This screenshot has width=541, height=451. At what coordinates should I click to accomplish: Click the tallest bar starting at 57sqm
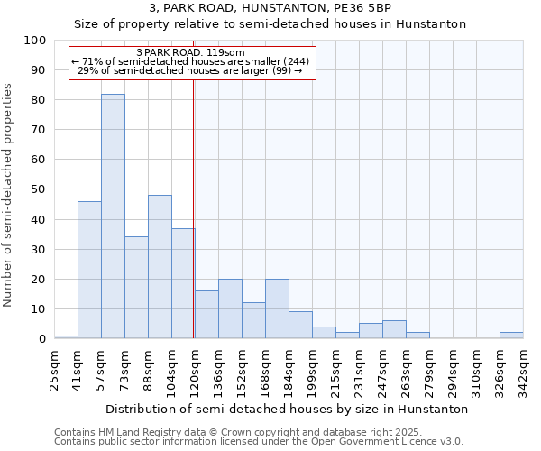coord(113,216)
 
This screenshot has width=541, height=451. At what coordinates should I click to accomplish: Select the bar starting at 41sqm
coord(89,270)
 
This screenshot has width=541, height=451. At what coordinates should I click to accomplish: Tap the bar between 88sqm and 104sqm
coord(160,267)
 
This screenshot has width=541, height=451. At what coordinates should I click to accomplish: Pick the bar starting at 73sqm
coord(136,288)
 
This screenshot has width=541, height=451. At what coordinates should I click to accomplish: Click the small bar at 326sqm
coord(511,336)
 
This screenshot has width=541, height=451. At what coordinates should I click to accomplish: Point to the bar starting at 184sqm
coord(300,325)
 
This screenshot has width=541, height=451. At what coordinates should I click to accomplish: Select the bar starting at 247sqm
coord(394,329)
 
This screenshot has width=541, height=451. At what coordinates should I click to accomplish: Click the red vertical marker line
coord(194,225)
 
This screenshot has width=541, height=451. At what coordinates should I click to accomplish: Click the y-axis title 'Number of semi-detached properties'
coord(9,195)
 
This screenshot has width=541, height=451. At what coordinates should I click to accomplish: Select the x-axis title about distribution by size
coord(287,409)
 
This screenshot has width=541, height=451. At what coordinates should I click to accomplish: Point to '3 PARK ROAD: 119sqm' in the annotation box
coord(190,53)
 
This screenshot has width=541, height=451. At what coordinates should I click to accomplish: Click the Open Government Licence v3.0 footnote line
coord(259,442)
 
